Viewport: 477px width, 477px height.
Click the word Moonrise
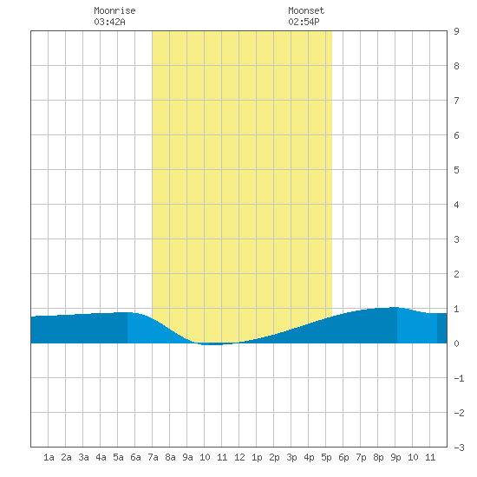(x=114, y=10)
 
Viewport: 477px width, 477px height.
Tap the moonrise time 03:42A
(x=109, y=22)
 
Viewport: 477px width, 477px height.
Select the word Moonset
(x=306, y=10)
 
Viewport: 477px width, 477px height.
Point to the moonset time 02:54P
(x=304, y=22)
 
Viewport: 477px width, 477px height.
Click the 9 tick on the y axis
(x=456, y=31)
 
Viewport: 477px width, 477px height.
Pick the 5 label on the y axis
(x=456, y=170)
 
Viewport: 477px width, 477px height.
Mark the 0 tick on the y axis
(x=456, y=343)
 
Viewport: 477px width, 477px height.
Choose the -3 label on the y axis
(x=459, y=448)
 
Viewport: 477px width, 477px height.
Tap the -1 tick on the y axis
(x=459, y=378)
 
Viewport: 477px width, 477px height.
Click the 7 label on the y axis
(x=456, y=101)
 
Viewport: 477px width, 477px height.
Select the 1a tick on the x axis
(x=49, y=457)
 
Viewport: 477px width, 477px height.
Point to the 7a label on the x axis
(x=153, y=457)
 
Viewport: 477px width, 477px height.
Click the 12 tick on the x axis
(x=239, y=457)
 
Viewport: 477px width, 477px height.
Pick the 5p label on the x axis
(x=326, y=457)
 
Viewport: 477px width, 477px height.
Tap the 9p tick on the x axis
(x=395, y=457)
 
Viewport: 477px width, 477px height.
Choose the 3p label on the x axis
(x=291, y=457)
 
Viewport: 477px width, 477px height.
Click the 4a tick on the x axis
(x=101, y=457)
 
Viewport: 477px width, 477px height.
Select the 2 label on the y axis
(x=456, y=274)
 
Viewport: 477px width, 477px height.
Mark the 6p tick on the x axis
(x=343, y=457)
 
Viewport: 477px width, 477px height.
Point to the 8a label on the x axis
(x=170, y=457)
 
